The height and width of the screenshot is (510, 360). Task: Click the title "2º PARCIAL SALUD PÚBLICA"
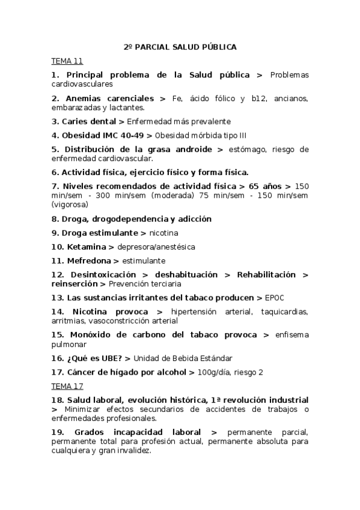[x=180, y=46]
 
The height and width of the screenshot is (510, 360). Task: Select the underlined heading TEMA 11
[x=67, y=61]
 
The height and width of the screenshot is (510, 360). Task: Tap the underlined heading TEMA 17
[x=67, y=386]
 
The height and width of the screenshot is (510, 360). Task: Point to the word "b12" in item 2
[x=259, y=98]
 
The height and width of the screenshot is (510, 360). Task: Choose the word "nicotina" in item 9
[x=163, y=233]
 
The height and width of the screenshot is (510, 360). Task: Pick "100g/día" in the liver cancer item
[x=213, y=372]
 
